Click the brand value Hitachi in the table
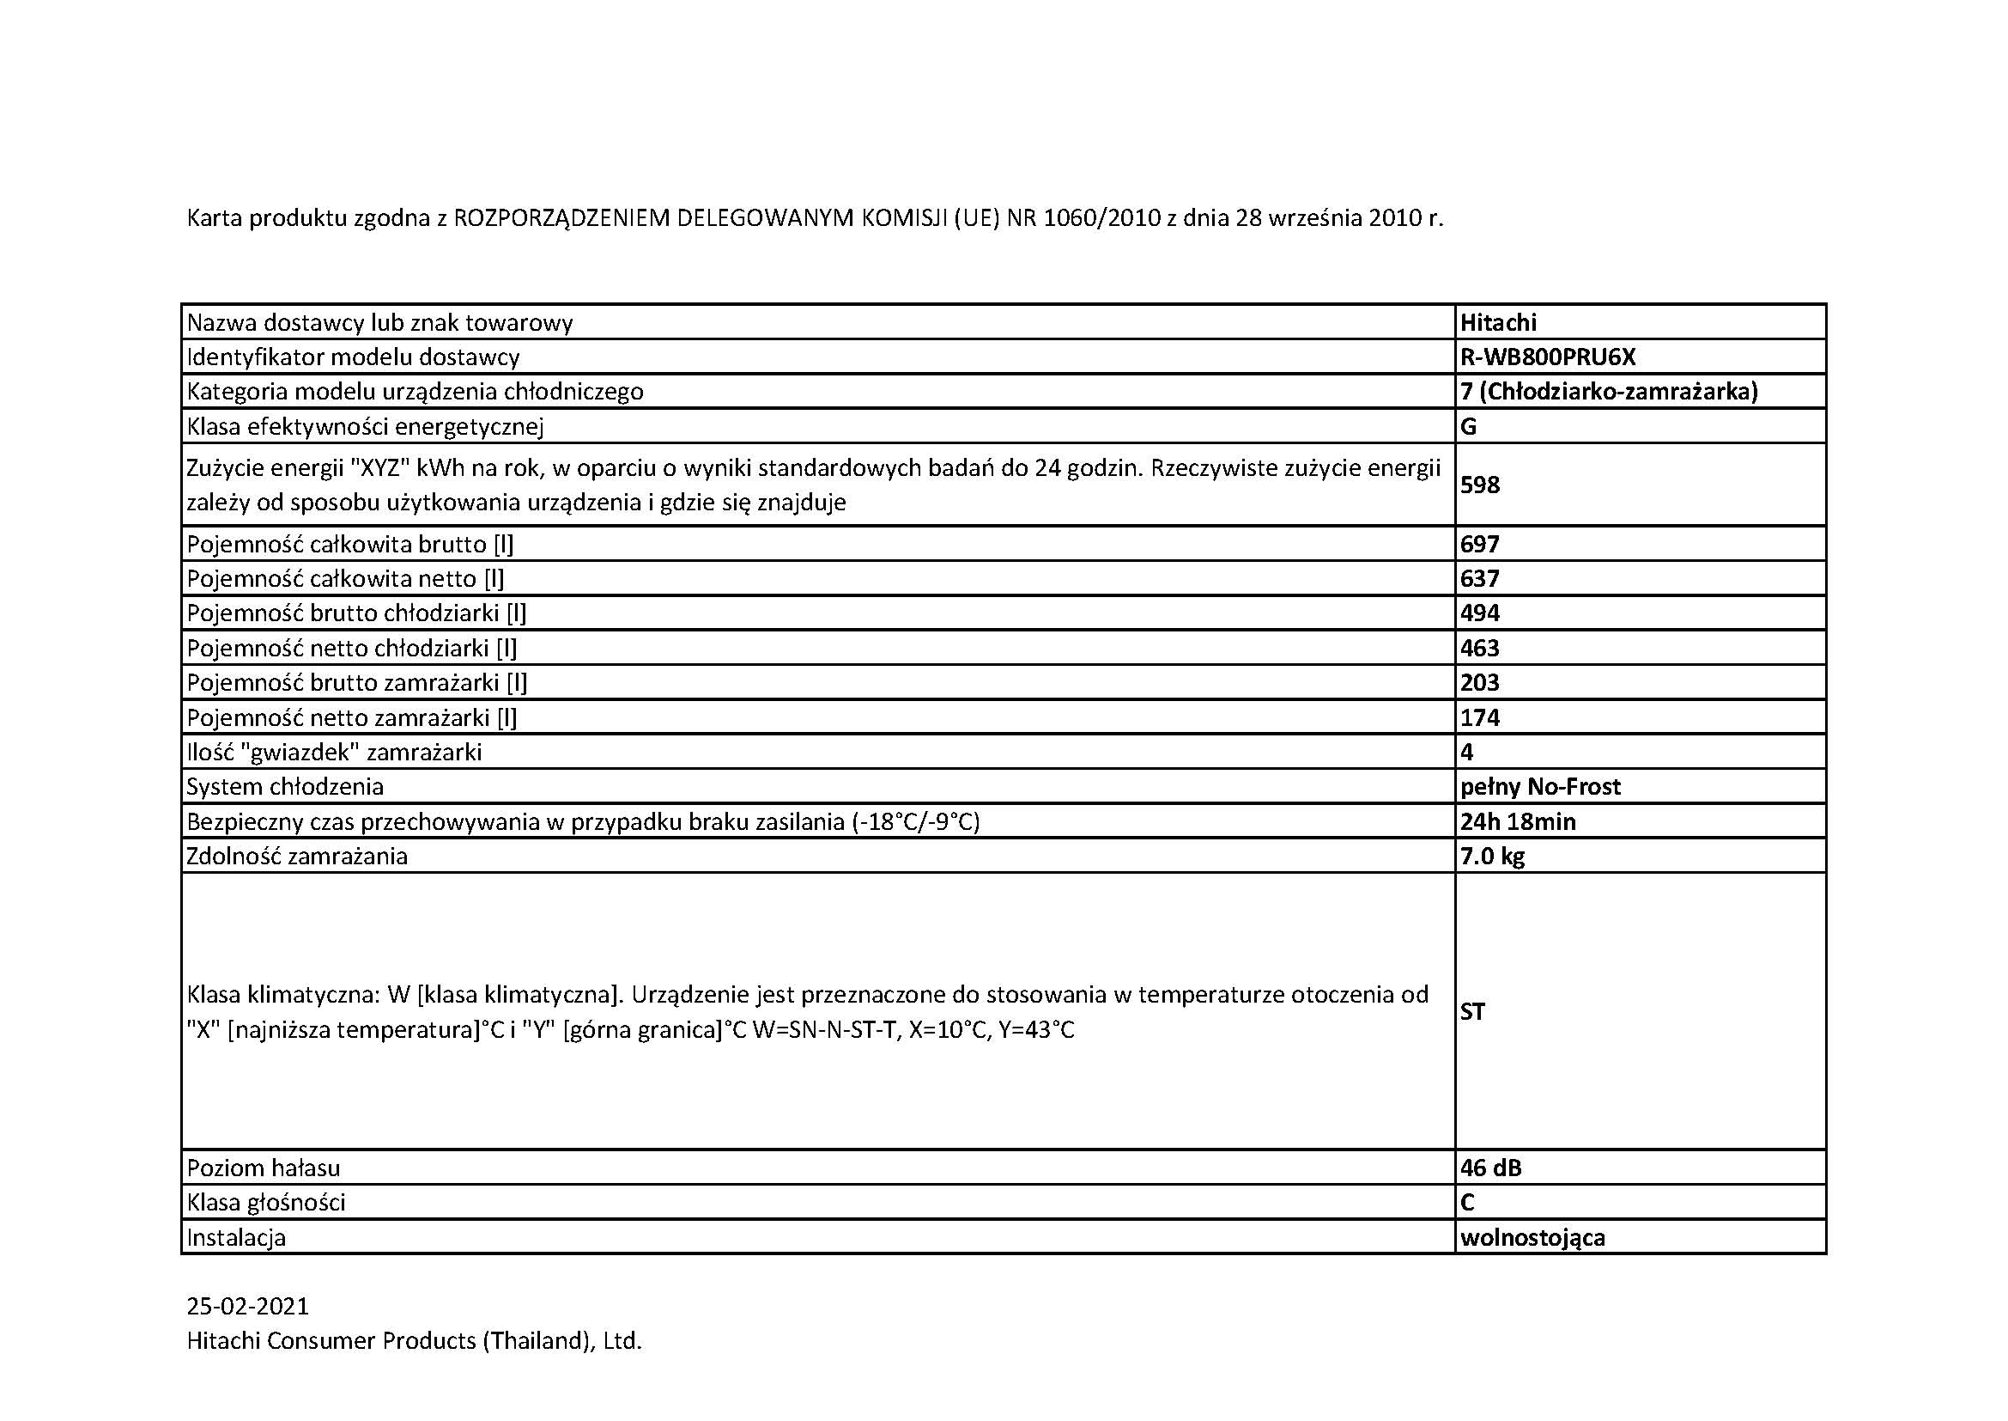[x=1497, y=323]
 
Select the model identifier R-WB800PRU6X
[x=1547, y=357]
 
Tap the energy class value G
[x=1467, y=427]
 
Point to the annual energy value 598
[x=1479, y=485]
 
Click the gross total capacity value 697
[x=1479, y=544]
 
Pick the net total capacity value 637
[x=1479, y=579]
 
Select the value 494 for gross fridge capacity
[x=1479, y=613]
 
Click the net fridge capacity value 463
[x=1479, y=649]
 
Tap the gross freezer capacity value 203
[x=1479, y=682]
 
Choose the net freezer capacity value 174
[x=1479, y=717]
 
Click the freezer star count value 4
[x=1466, y=753]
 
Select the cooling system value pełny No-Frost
[x=1539, y=787]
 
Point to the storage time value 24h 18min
[x=1517, y=821]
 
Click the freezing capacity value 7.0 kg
[x=1491, y=856]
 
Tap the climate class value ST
[x=1472, y=1012]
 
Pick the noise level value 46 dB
[x=1490, y=1168]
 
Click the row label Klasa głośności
[x=266, y=1203]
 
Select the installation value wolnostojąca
[x=1532, y=1238]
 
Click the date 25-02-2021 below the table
[x=247, y=1307]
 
